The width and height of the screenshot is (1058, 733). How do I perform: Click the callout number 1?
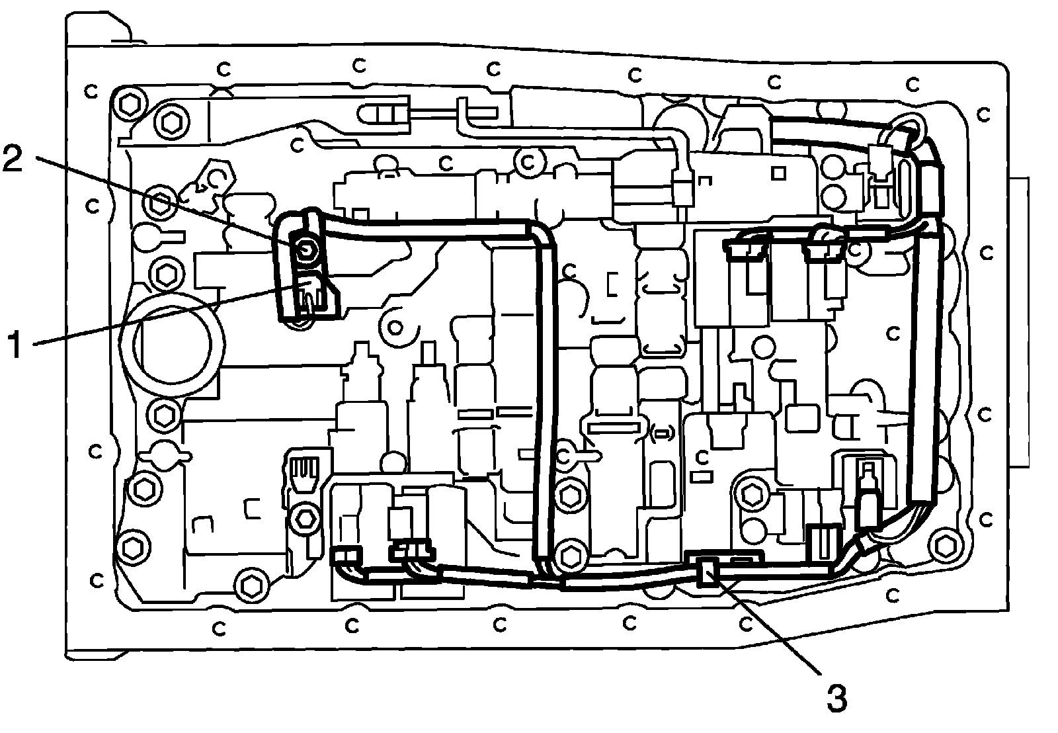point(20,345)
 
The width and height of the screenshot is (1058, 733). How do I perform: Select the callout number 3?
point(836,697)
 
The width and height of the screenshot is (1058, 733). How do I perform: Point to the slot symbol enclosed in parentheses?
point(662,434)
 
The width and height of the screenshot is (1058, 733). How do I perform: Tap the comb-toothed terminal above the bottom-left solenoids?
point(304,470)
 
